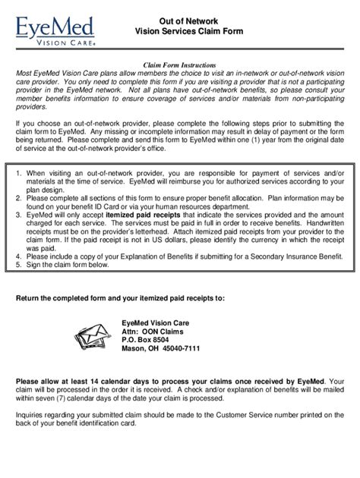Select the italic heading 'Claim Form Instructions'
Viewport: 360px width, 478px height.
click(180, 67)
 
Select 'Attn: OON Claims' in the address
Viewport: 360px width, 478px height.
click(155, 332)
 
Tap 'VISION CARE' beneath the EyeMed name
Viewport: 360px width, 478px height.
click(61, 43)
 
